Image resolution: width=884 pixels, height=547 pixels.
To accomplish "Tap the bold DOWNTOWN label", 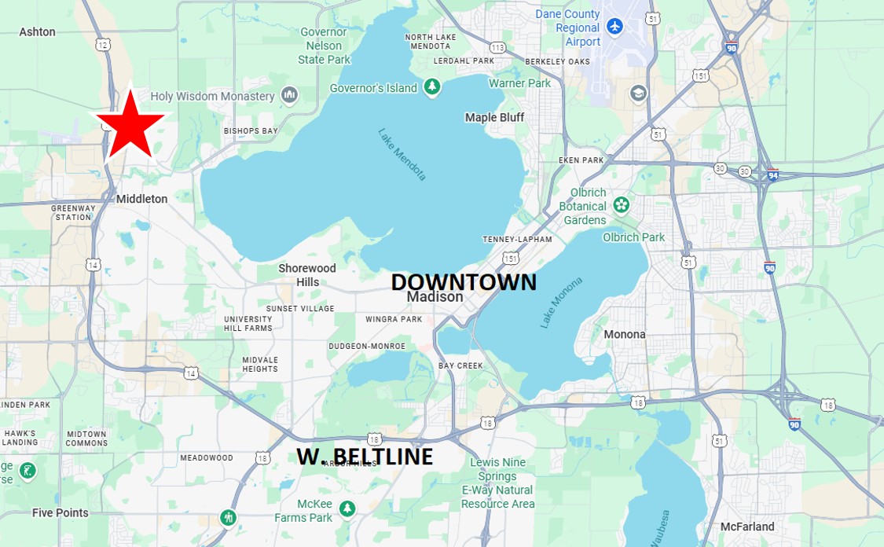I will [x=464, y=282].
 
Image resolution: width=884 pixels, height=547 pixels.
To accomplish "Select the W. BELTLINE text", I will [x=365, y=457].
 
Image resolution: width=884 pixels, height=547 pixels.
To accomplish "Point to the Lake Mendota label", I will [x=402, y=154].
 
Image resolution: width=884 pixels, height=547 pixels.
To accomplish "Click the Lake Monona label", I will [x=562, y=303].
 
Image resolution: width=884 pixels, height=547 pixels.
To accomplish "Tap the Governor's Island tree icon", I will [x=431, y=87].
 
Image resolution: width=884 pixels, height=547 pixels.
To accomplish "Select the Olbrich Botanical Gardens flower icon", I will [x=622, y=205].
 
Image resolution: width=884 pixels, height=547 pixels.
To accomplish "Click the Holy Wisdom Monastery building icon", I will [x=289, y=95].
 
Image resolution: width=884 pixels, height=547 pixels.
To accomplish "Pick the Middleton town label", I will [x=141, y=199].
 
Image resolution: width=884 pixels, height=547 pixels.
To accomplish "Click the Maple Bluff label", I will [x=494, y=117].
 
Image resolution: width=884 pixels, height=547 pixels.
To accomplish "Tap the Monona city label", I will [x=624, y=334].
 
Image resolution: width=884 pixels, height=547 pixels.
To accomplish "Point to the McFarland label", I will [x=747, y=527].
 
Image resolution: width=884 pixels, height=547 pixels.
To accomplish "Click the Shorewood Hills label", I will [x=307, y=275].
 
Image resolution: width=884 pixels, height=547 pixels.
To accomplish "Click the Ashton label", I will [x=37, y=31].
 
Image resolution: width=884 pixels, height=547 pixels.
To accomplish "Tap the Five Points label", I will [x=60, y=512].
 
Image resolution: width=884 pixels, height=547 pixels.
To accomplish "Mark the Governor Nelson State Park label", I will [x=324, y=46].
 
